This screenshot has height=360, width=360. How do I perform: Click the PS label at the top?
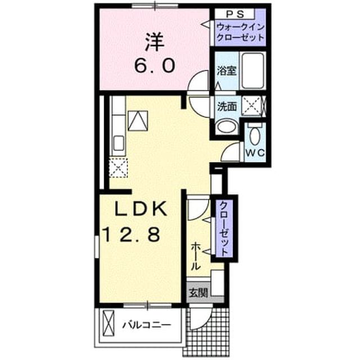coord(235,15)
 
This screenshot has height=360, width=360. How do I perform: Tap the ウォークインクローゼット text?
coord(240,32)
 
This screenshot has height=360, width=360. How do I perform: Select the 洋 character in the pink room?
coord(155,43)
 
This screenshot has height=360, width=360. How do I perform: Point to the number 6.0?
coord(155,65)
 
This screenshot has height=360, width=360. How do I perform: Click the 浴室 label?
coord(227,71)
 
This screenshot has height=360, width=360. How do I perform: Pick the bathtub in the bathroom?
coord(253,70)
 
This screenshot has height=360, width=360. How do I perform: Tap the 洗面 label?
coord(227,106)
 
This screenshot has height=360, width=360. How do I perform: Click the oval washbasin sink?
coord(226,126)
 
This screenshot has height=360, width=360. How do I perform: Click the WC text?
coord(255,152)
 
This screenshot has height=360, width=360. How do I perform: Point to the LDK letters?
coord(141,209)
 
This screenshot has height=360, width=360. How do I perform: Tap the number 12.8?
coord(132,235)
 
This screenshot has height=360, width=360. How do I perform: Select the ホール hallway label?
coord(196,256)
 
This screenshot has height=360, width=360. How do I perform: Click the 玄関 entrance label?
coord(199,292)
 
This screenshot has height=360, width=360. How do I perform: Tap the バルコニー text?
coord(147,325)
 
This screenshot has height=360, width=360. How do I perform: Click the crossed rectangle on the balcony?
coord(108,323)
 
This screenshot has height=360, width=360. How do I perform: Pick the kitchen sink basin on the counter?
coord(119,143)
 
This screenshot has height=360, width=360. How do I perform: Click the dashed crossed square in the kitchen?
coord(118,168)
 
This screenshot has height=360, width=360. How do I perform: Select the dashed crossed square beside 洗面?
coord(252,106)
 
